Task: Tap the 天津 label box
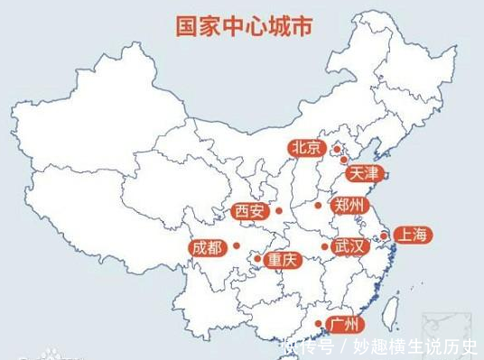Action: (x=363, y=171)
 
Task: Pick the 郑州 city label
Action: (x=347, y=206)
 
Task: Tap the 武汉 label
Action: (x=349, y=245)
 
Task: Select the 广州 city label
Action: (x=345, y=323)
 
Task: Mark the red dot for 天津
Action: (x=343, y=160)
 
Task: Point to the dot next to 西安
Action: (x=278, y=211)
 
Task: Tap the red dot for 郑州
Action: (x=318, y=206)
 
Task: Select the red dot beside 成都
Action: (x=236, y=245)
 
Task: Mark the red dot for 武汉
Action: (x=322, y=245)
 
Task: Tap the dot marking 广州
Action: (x=317, y=323)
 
